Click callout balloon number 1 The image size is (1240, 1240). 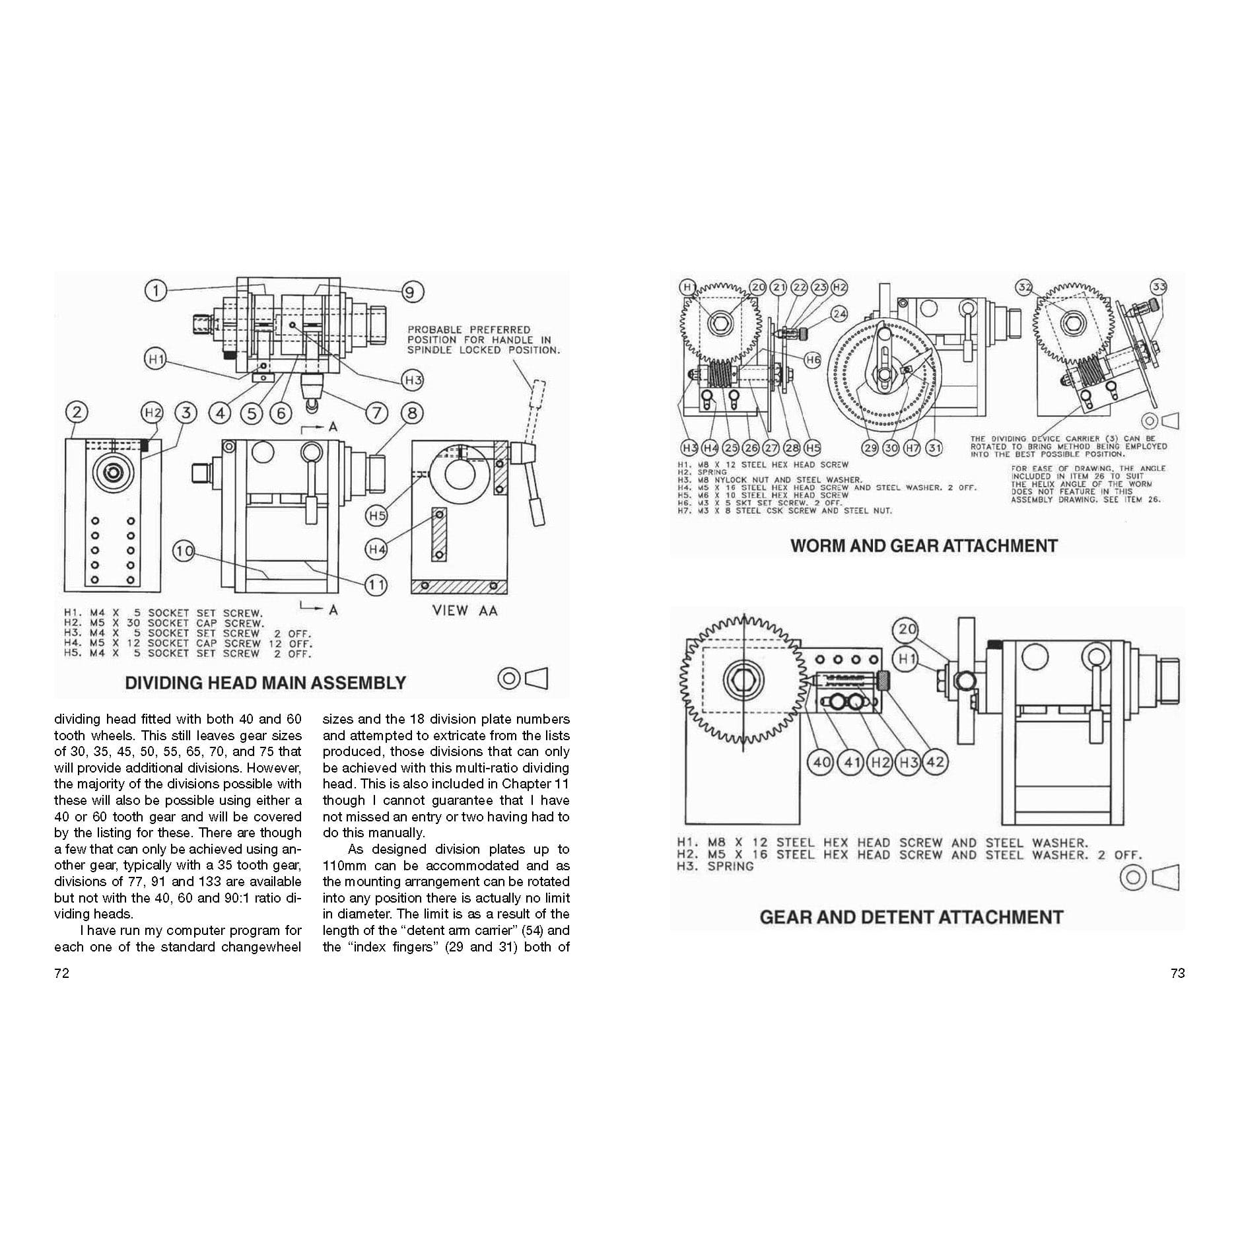pos(155,290)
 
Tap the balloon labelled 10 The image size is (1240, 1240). pos(184,551)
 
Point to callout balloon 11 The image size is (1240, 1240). pos(376,584)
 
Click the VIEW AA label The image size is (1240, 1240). pos(464,611)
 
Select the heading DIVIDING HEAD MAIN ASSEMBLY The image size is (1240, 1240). pos(265,683)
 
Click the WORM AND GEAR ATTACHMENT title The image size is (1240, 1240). pos(924,546)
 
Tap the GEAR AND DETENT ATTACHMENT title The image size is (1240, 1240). pos(911,917)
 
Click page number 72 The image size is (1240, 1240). pos(61,973)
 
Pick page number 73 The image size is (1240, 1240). pos(1177,973)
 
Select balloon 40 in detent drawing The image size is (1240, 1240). pos(821,762)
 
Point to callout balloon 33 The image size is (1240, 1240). pos(1159,287)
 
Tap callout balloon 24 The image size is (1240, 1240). pos(839,314)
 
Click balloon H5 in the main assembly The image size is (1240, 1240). pos(376,516)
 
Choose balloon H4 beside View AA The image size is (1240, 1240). pos(376,549)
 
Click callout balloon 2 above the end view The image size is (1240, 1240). pos(77,413)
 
